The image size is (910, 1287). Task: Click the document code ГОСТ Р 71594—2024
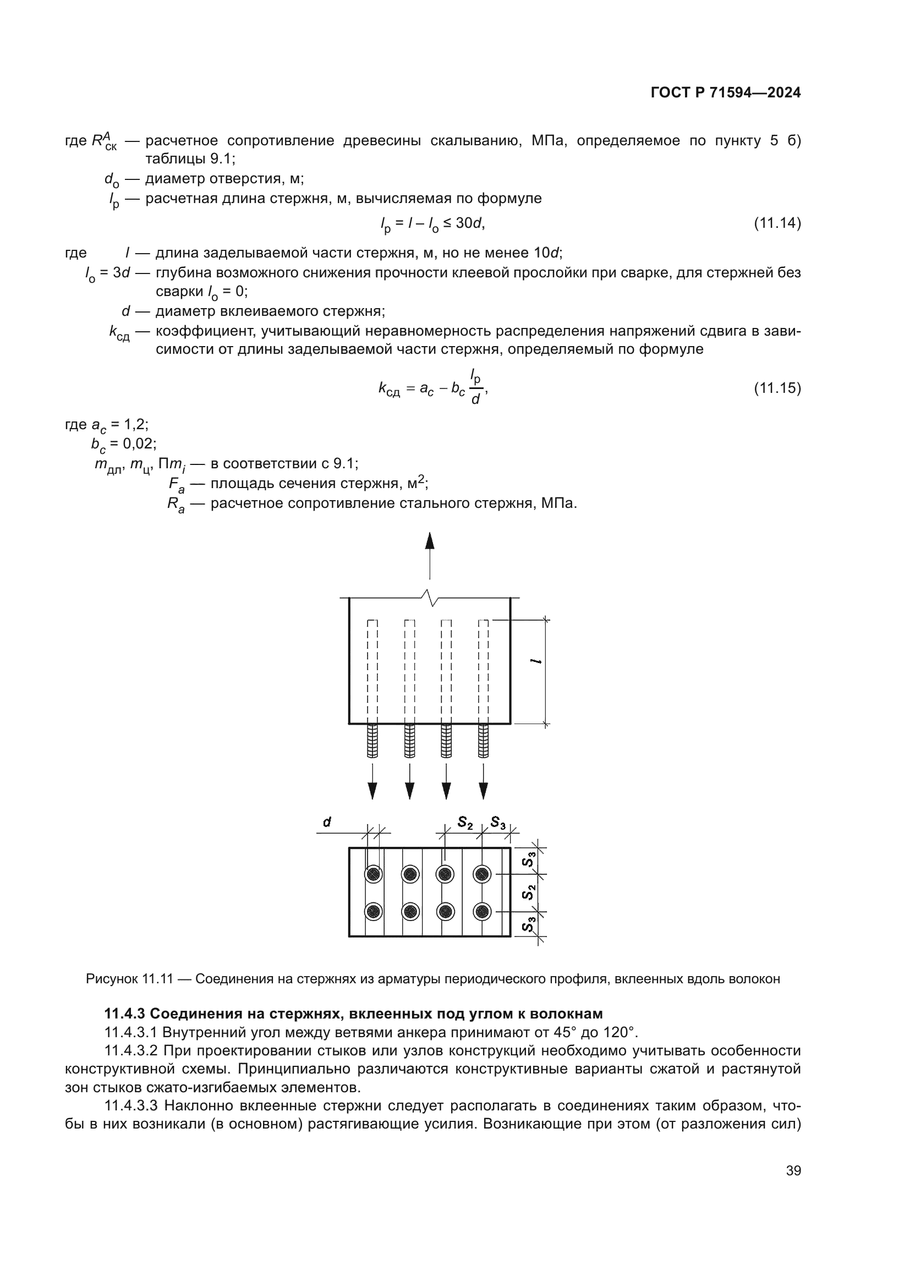[x=726, y=92]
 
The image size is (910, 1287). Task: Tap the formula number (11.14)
[x=777, y=223]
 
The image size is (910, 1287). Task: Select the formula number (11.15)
[x=777, y=387]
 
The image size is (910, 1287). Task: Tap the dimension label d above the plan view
[x=327, y=822]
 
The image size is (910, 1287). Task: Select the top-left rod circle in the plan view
[x=373, y=874]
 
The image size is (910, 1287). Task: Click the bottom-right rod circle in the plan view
[x=482, y=911]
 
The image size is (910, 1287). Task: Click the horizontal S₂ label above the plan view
[x=465, y=822]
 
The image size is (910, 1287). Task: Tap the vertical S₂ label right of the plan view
[x=529, y=892]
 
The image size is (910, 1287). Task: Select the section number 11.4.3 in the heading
[x=125, y=1014]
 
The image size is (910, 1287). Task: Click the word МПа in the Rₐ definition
[x=557, y=503]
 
